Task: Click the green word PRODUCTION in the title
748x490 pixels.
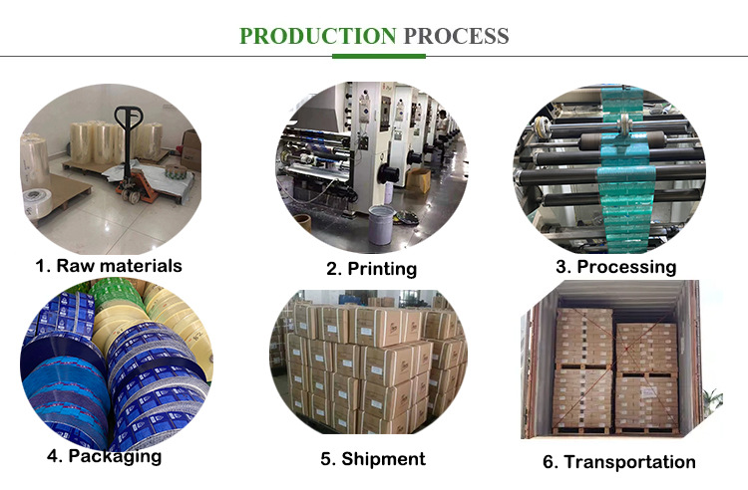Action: pyautogui.click(x=317, y=37)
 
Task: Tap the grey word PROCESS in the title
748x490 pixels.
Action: pyautogui.click(x=455, y=37)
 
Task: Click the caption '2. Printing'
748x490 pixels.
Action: pyautogui.click(x=372, y=268)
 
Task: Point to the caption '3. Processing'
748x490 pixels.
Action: pyautogui.click(x=616, y=267)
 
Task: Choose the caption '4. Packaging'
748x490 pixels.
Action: pyautogui.click(x=104, y=456)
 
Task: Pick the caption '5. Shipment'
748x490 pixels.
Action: pyautogui.click(x=372, y=458)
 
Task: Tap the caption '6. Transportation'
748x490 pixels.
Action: pyautogui.click(x=618, y=461)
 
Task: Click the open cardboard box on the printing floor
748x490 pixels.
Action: pyautogui.click(x=417, y=179)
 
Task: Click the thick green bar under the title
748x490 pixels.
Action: pyautogui.click(x=374, y=57)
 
